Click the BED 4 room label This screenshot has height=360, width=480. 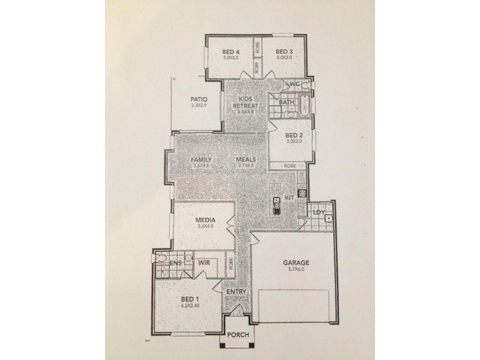click(231, 51)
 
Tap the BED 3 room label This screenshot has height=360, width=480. click(284, 51)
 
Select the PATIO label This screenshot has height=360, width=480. click(199, 100)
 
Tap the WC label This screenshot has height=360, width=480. click(295, 84)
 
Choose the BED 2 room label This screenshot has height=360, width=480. click(293, 135)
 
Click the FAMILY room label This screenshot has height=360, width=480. click(202, 160)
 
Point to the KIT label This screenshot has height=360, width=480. click(289, 197)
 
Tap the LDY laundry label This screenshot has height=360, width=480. click(319, 212)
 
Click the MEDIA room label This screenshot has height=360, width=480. click(205, 220)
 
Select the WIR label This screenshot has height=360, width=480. click(203, 263)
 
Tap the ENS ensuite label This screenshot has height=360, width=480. click(176, 263)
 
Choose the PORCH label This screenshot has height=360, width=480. click(238, 335)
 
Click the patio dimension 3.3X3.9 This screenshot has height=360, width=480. click(199, 106)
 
